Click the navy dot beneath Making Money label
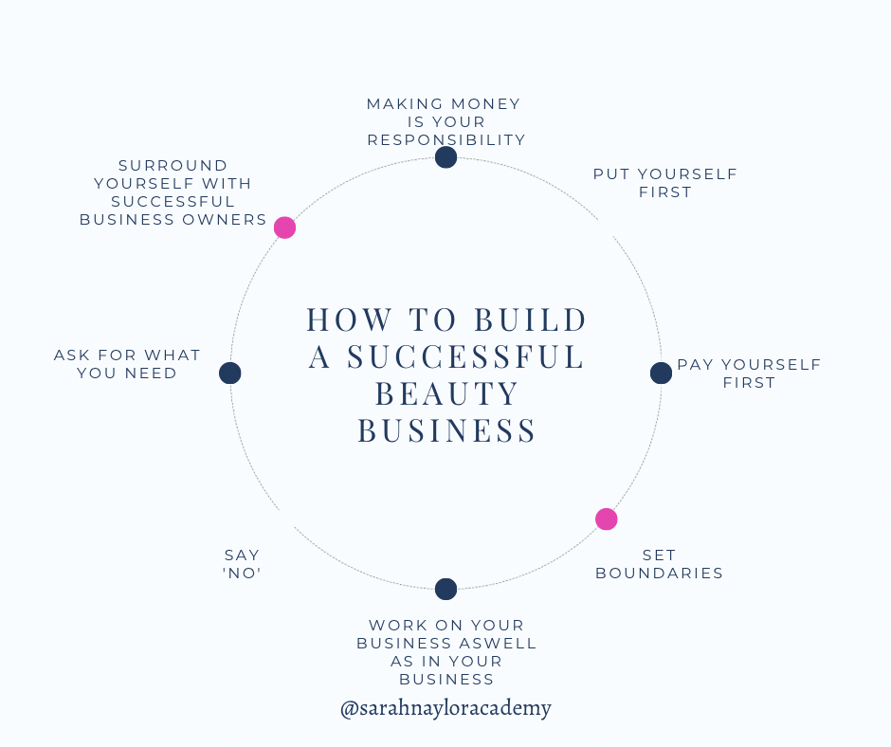(x=445, y=157)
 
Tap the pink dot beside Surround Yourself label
(x=284, y=228)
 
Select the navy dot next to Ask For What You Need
(x=229, y=373)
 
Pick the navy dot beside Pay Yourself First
(x=661, y=373)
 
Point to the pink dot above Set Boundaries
(x=606, y=519)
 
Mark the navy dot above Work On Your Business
(x=445, y=589)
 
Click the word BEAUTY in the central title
(x=447, y=393)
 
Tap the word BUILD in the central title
(x=530, y=319)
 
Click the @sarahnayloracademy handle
(x=445, y=707)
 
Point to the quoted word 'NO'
(x=242, y=574)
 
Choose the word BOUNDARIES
(x=659, y=574)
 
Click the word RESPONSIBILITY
(x=445, y=140)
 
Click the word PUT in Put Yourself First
(x=611, y=174)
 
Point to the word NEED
(x=153, y=373)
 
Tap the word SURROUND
(x=173, y=166)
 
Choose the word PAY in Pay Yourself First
(x=697, y=365)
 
